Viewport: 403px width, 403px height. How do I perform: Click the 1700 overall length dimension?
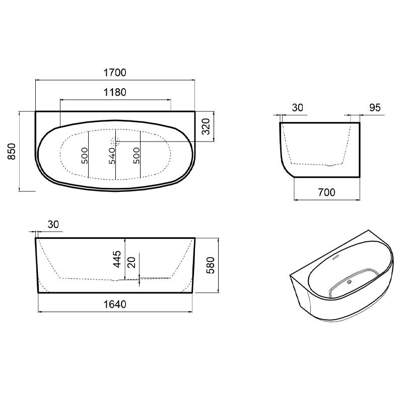click(x=115, y=73)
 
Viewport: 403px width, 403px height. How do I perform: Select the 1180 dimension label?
click(x=115, y=92)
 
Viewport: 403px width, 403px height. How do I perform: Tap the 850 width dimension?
click(x=12, y=152)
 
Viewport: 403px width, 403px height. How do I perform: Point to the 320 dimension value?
click(x=206, y=126)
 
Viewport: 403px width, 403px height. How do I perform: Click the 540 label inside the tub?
click(x=112, y=156)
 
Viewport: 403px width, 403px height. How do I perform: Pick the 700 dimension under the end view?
click(x=326, y=192)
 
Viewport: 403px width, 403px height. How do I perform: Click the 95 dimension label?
click(x=375, y=108)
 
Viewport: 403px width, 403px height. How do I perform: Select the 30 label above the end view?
click(x=298, y=108)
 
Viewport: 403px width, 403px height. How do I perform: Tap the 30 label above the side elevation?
click(x=53, y=224)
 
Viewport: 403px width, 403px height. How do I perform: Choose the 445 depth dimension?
click(x=117, y=259)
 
